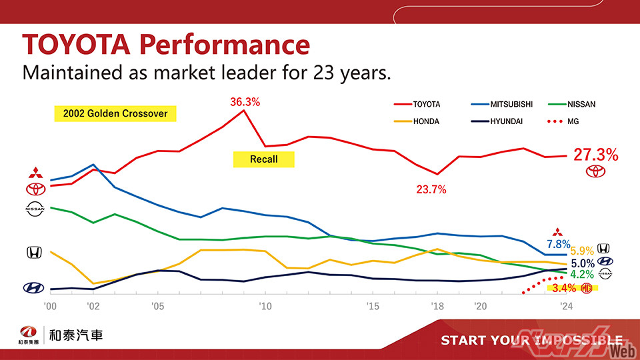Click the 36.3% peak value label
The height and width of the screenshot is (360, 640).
(x=245, y=102)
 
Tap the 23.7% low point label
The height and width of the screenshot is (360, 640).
(x=431, y=189)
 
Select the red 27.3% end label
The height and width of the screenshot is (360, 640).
(x=596, y=155)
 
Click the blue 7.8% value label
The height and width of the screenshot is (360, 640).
(x=558, y=244)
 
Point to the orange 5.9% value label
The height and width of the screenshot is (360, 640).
(x=582, y=251)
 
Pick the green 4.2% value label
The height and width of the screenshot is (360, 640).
(x=582, y=274)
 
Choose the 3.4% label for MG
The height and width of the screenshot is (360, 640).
(x=564, y=288)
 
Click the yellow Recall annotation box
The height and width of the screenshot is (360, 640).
(x=263, y=159)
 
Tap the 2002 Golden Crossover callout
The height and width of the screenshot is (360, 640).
(x=115, y=113)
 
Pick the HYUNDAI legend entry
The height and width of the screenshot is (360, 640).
(x=507, y=121)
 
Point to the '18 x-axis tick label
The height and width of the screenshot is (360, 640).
(x=437, y=307)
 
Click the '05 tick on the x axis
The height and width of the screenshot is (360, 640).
(x=157, y=307)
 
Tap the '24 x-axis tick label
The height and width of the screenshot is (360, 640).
(x=567, y=307)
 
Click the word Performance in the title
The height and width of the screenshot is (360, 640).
(x=225, y=45)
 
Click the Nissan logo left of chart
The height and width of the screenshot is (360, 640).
(x=34, y=209)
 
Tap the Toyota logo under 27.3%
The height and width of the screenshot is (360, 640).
(x=596, y=171)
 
